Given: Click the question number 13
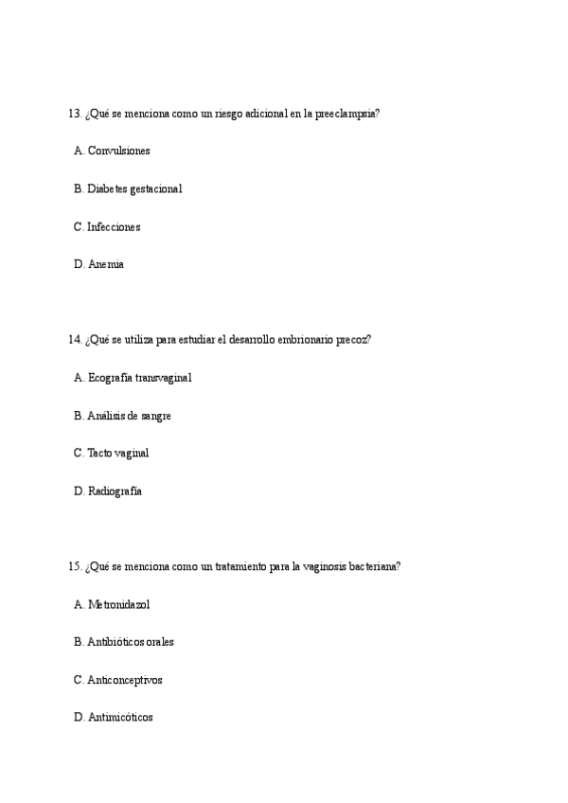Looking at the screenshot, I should point(75,114).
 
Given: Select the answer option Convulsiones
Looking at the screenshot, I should point(118,152).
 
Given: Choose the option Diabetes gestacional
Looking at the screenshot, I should point(134,189).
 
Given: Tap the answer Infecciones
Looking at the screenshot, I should point(114,227).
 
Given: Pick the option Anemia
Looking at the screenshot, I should point(105,265).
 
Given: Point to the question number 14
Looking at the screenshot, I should point(75,340).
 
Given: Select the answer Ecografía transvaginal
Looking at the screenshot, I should point(139,378).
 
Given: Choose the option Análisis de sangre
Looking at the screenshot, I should point(129,416).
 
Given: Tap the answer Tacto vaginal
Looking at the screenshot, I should point(117,454).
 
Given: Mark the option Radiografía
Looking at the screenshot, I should point(115,491).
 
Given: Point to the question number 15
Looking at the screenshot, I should point(75,566).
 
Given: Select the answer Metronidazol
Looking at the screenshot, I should point(118,604).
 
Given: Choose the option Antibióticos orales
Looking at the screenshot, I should point(131,642).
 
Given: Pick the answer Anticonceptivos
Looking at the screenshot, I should point(125,680).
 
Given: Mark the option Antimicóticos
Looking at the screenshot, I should point(120,718).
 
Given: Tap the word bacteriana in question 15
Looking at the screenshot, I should point(377,566).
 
